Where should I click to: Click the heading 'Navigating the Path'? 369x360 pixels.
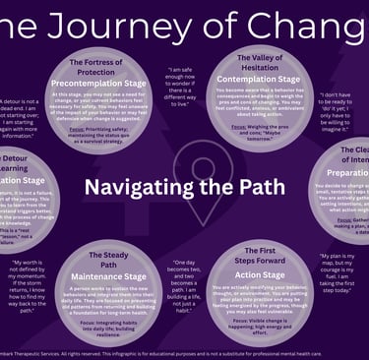click(x=184, y=188)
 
